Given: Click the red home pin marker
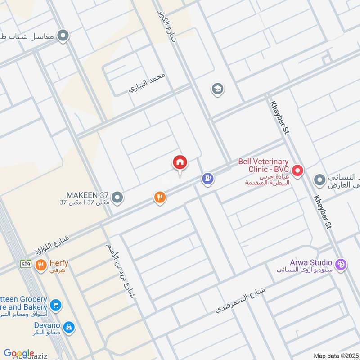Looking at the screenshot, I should (180, 163).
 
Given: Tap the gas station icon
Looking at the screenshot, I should (207, 179).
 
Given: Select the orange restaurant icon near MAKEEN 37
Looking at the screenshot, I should (160, 197).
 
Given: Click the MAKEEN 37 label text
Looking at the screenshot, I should (88, 196).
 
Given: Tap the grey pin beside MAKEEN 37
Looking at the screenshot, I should (117, 197).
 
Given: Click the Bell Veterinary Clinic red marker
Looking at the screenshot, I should (297, 171).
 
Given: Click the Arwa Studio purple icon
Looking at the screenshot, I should (341, 265).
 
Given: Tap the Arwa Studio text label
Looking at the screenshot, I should (311, 262).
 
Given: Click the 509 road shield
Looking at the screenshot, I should (26, 264).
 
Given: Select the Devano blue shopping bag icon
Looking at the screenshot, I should (69, 327).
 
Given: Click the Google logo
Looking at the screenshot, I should (19, 353).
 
